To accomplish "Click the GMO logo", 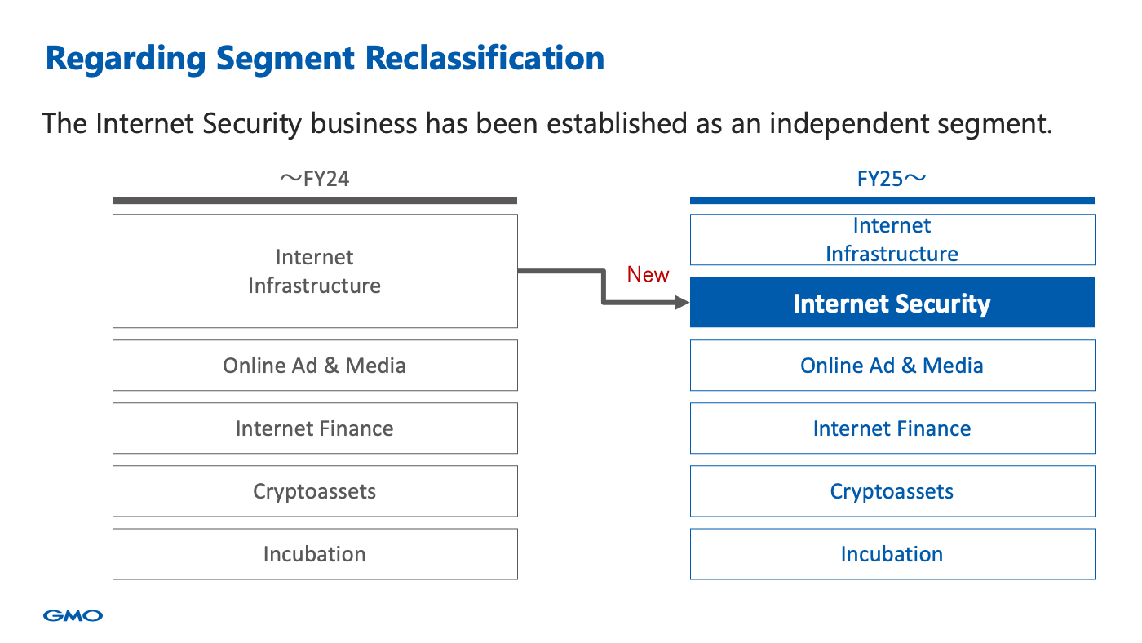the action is coord(73,615).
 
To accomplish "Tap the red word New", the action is coord(648,274).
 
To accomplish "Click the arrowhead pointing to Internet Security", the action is coord(682,303).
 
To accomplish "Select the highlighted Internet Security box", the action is coord(892,302).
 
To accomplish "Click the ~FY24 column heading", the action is coord(315,179).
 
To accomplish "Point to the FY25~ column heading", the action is coord(891,179).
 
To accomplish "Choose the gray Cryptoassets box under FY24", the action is coord(315,491).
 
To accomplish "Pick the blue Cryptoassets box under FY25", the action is coord(892,491).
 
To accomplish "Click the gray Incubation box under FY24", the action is coord(315,554).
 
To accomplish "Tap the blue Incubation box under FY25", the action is coord(892,554).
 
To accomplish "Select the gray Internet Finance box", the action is coord(315,428).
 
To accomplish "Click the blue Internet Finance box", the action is coord(892,428).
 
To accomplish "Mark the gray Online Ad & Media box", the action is coord(315,365).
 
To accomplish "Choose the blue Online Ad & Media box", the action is coord(892,365).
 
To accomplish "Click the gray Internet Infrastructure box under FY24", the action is coord(315,271).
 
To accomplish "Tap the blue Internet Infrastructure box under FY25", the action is coord(892,240).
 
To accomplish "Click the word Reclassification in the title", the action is coord(485,58).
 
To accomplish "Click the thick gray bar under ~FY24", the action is coord(315,201).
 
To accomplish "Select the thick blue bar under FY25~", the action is coord(892,201).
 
